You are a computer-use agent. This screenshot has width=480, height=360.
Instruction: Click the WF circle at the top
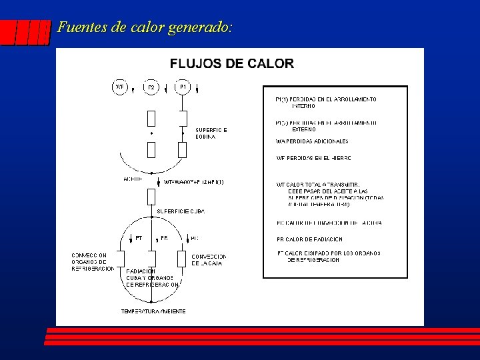pyautogui.click(x=120, y=87)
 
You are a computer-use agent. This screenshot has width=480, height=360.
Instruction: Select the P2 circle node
pyautogui.click(x=151, y=87)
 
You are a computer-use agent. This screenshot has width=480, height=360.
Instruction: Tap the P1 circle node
pyautogui.click(x=183, y=87)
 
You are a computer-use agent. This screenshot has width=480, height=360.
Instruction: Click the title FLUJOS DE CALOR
pyautogui.click(x=231, y=64)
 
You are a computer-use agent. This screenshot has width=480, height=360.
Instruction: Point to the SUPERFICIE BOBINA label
pyautogui.click(x=211, y=133)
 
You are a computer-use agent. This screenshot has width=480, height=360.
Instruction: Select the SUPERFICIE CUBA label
pyautogui.click(x=181, y=211)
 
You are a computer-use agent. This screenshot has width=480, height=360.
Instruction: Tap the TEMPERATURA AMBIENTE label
pyautogui.click(x=153, y=311)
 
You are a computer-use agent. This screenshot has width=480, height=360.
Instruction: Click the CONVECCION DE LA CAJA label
pyautogui.click(x=209, y=259)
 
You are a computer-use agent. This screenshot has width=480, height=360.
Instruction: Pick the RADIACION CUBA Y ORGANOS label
pyautogui.click(x=153, y=277)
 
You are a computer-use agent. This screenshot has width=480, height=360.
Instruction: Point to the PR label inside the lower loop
pyautogui.click(x=164, y=238)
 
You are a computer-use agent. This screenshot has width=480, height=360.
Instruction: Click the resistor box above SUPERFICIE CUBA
pyautogui.click(x=151, y=196)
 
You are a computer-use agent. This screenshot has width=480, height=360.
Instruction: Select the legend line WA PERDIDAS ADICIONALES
pyautogui.click(x=312, y=141)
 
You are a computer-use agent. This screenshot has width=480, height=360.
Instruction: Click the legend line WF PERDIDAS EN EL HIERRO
pyautogui.click(x=313, y=158)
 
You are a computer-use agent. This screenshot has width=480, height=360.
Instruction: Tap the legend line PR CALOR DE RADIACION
pyautogui.click(x=309, y=239)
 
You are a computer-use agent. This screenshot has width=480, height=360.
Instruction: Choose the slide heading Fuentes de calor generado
pyautogui.click(x=145, y=28)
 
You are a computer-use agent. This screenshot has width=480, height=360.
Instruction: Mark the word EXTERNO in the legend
pyautogui.click(x=303, y=129)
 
